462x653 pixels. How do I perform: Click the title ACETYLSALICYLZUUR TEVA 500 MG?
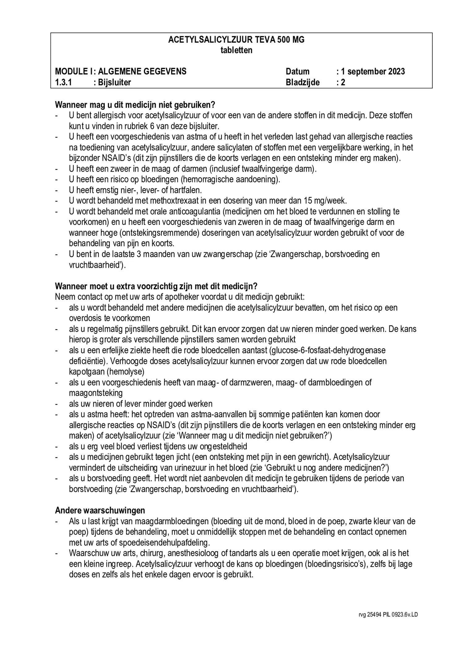point(236,40)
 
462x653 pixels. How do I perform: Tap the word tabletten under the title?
point(236,50)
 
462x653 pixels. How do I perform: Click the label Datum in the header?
point(297,71)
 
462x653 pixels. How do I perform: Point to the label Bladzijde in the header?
point(302,82)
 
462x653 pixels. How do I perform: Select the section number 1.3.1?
point(63,82)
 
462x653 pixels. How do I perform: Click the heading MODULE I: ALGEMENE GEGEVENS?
point(121,71)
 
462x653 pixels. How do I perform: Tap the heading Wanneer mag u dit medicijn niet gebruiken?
point(135,105)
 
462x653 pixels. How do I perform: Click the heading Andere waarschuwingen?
point(100,510)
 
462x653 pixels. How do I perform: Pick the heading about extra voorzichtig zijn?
point(156,286)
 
